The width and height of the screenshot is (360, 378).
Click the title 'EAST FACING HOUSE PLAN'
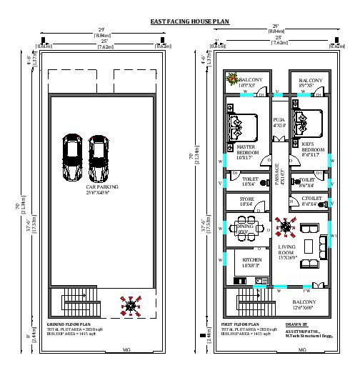point(189,22)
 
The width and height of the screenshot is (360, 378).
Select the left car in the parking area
point(73,159)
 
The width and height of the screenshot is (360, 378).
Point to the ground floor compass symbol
point(131,307)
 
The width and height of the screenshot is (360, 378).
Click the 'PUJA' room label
point(279,122)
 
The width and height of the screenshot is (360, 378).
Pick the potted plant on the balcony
point(231,79)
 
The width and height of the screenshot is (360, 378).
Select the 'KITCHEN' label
point(251,260)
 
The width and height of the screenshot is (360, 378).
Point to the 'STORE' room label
point(246,201)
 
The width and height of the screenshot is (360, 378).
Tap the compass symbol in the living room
point(286,228)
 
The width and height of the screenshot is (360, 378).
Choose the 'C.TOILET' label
point(312,199)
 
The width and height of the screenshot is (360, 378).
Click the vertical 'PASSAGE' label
point(277,176)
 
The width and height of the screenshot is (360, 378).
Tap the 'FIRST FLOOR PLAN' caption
point(241,324)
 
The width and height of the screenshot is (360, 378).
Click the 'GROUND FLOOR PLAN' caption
point(69,324)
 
